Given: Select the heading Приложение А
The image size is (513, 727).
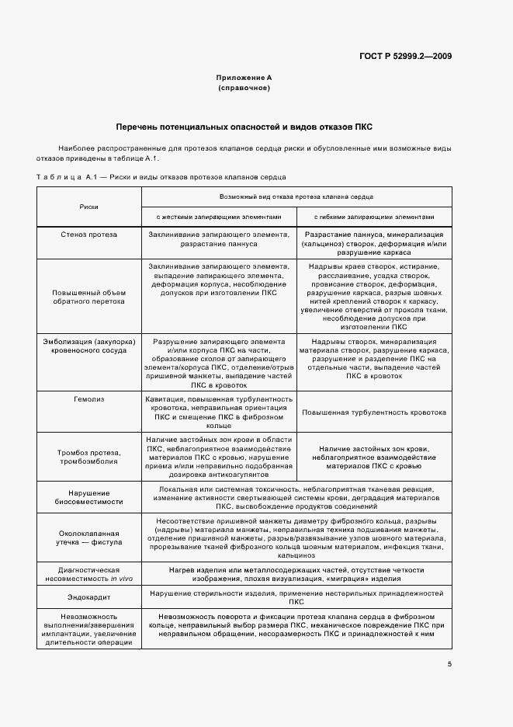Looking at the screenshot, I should pos(244,78).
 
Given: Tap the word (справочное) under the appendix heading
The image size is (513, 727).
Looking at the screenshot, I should pos(244,88).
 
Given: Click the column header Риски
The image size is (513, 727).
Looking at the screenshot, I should pos(88,207).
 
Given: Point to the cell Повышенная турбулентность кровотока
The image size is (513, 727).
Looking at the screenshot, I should pos(374,413).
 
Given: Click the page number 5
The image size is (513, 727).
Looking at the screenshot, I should pos(449,664).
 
